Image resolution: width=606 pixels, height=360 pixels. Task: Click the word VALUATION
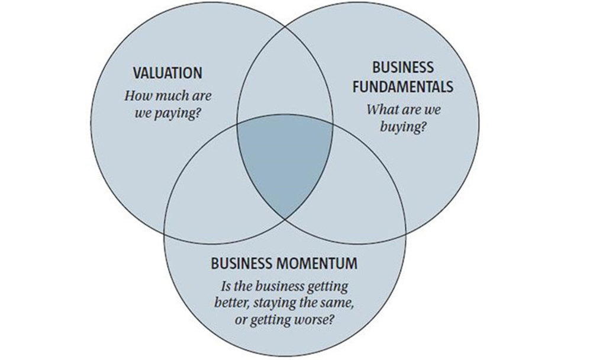coord(167,73)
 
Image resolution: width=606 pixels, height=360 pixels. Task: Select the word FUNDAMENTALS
coord(403,87)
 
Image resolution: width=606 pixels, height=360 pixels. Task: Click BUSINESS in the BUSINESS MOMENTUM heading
coord(241,263)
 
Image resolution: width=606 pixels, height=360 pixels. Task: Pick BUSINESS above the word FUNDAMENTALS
coord(403,67)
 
